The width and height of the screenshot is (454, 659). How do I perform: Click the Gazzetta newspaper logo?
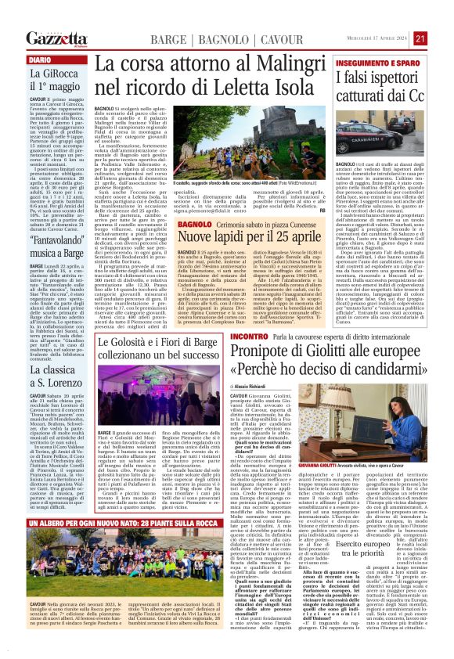(x=56, y=38)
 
